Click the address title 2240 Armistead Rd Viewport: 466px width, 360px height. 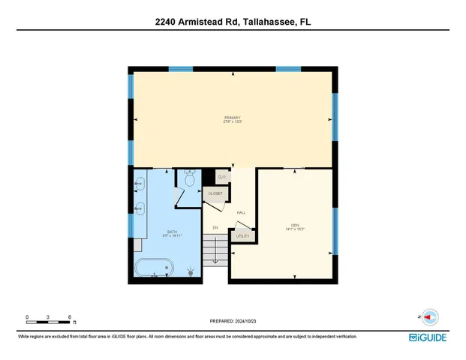(233, 22)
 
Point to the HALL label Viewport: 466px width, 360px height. (242, 212)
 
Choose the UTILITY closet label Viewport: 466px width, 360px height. (243, 235)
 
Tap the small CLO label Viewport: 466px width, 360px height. (221, 176)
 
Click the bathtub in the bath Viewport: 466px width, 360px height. (155, 267)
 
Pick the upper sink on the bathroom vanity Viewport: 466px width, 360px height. (139, 183)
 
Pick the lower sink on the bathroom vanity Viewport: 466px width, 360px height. (139, 208)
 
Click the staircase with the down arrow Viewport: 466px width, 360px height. (215, 249)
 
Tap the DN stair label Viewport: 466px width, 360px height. (215, 227)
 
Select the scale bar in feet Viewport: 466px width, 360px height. (49, 321)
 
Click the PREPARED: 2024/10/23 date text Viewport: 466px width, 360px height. (233, 321)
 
